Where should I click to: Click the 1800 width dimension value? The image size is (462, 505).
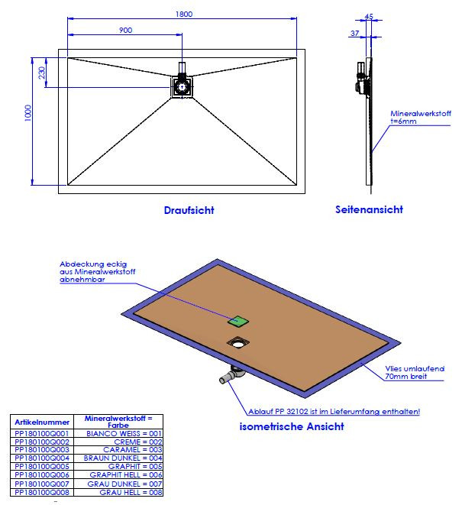point(183,12)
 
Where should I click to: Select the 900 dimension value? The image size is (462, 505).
point(126,30)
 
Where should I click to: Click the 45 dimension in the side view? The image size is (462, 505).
point(369,15)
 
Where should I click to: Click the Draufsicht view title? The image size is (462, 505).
point(189,210)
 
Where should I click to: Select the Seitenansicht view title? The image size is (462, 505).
point(369,209)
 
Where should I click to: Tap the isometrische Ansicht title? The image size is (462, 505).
point(292,426)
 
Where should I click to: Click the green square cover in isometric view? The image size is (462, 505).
point(238,322)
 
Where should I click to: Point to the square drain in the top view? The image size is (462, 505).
point(182,87)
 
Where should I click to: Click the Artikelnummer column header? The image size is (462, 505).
point(42,422)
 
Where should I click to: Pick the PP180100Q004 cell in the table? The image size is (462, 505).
point(42,458)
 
